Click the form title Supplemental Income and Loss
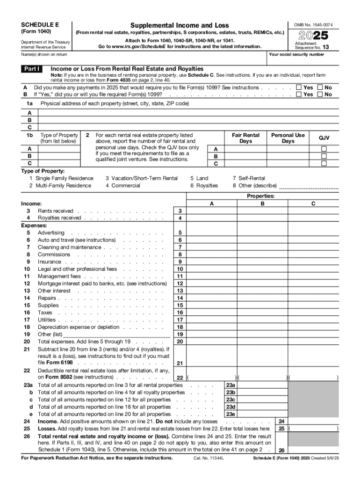click(180, 25)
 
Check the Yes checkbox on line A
click(299, 87)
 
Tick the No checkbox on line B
click(320, 94)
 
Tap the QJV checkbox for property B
click(324, 156)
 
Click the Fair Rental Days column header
click(245, 138)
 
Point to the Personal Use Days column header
click(288, 138)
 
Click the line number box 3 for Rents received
click(180, 211)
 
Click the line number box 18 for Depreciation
click(180, 327)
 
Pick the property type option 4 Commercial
click(122, 185)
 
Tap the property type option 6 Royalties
click(204, 185)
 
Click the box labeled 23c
click(230, 400)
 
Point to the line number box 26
click(281, 450)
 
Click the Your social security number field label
click(296, 54)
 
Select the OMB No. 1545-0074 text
click(314, 24)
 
